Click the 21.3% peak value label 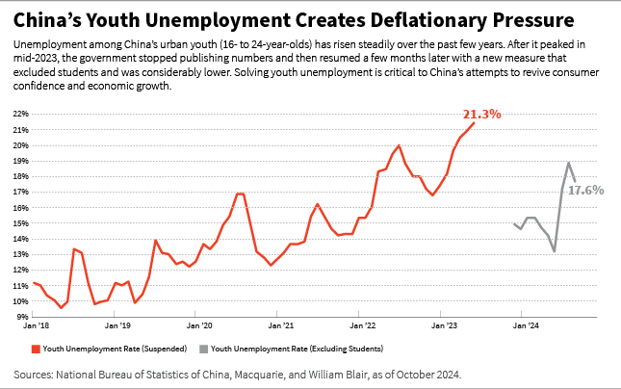[483, 115]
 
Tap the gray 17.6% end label [585, 191]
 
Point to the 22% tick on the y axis [18, 114]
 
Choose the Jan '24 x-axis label [525, 327]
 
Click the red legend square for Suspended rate [36, 348]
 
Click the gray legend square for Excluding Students [202, 348]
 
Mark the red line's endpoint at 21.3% [475, 123]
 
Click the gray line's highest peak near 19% [569, 162]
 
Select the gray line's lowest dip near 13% [555, 251]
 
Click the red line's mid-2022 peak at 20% [399, 145]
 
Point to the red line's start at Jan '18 [33, 283]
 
